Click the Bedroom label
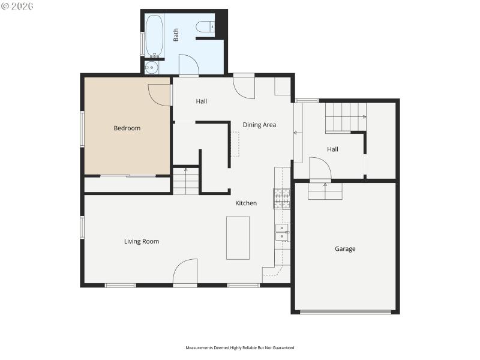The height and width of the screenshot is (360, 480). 127,128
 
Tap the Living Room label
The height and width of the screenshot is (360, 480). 142,241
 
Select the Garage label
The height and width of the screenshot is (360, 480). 345,248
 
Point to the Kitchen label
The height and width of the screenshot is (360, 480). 246,203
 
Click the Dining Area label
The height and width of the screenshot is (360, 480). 259,125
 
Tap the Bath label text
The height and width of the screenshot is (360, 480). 176,35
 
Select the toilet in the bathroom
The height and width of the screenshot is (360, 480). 206,26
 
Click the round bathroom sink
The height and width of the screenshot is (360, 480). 152,67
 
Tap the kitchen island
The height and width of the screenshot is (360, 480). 238,238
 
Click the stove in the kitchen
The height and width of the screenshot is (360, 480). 282,199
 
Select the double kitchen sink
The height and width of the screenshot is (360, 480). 282,232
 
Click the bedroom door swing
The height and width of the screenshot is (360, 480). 161,94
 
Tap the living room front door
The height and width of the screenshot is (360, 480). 185,272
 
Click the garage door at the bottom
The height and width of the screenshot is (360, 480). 345,311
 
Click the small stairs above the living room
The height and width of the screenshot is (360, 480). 186,181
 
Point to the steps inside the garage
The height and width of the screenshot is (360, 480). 325,191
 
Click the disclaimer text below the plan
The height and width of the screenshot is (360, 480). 240,347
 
